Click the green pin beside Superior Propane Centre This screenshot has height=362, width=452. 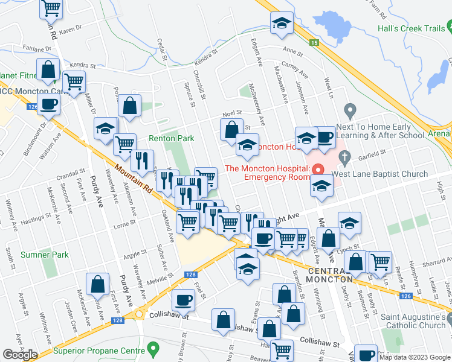[153, 349]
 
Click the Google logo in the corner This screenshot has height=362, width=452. [20, 355]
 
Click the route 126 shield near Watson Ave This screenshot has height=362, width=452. [33, 107]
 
